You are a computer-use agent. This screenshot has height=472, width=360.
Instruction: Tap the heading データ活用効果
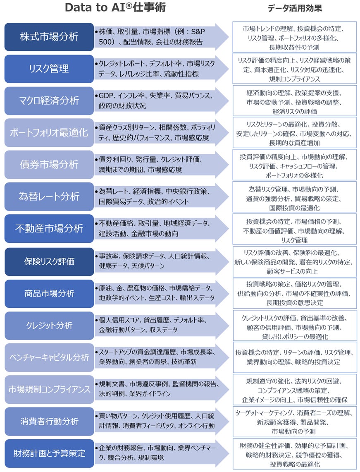[x=294, y=8]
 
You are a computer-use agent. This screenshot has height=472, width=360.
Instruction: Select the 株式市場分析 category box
[x=49, y=37]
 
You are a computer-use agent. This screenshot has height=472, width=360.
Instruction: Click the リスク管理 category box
[x=49, y=69]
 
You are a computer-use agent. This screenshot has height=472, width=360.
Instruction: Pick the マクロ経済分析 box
[x=49, y=101]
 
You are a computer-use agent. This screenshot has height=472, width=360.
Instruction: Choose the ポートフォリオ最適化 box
[x=49, y=133]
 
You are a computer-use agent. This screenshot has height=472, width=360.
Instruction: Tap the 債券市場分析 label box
[x=49, y=164]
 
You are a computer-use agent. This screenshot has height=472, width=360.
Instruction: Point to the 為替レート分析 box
[x=49, y=196]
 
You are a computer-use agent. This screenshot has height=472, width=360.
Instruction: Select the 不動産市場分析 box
[x=49, y=228]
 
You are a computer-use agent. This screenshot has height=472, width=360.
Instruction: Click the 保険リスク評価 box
[x=49, y=261]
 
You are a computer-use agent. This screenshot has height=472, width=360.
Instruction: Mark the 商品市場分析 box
[x=49, y=294]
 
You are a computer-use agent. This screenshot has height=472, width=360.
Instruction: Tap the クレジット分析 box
[x=49, y=326]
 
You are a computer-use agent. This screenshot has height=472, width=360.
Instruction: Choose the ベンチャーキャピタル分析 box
[x=49, y=357]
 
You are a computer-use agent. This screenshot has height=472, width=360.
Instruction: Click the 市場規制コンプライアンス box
[x=49, y=390]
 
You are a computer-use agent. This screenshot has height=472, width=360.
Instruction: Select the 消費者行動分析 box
[x=49, y=422]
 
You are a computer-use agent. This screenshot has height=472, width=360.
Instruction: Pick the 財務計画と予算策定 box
[x=49, y=453]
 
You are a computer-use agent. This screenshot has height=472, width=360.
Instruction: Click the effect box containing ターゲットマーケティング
[x=294, y=422]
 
